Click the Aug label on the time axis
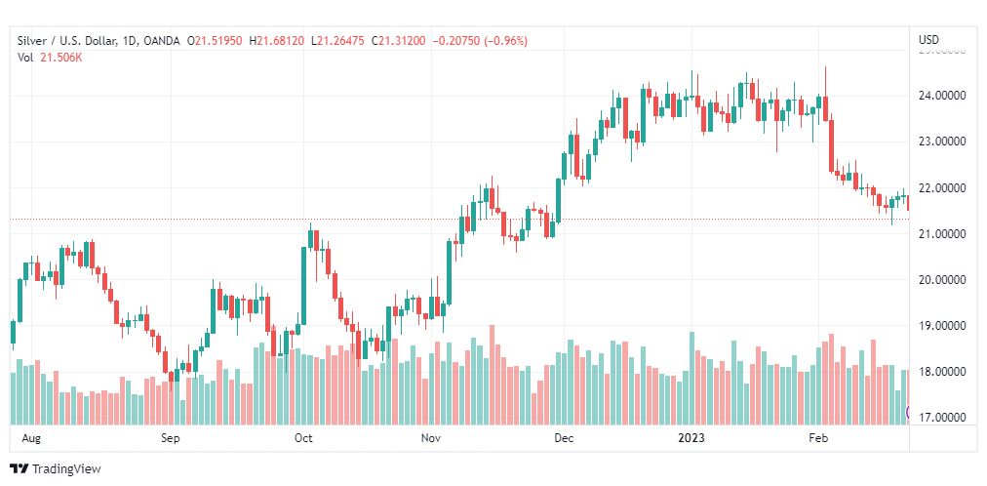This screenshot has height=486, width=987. [x=31, y=438]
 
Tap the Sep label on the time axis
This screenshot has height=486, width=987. [x=171, y=438]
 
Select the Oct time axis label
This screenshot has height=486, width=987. [x=302, y=438]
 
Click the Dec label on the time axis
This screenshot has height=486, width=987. [x=563, y=438]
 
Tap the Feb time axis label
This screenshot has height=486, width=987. [x=819, y=438]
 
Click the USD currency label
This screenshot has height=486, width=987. [x=928, y=40]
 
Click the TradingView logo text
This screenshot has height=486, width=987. [x=66, y=469]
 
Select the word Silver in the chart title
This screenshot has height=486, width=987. [x=33, y=40]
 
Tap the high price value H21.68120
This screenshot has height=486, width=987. [x=277, y=40]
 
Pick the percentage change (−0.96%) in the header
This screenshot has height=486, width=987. [x=503, y=40]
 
